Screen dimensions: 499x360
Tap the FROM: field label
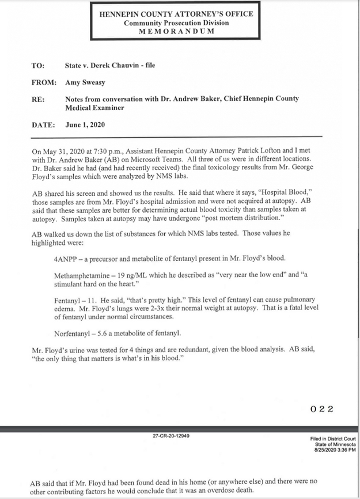pos(43,82)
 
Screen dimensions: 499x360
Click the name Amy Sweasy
pos(85,82)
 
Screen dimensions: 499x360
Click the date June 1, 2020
pos(85,124)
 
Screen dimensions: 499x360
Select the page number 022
pos(322,410)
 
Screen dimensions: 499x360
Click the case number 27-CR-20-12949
pos(171,436)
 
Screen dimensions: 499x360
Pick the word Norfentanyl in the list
pos(72,332)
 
